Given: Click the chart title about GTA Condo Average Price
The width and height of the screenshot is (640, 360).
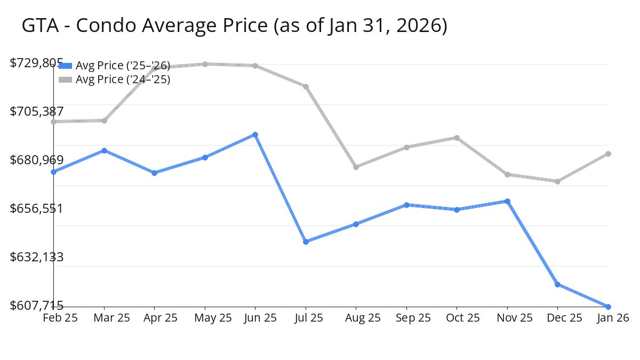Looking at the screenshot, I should coord(234,26).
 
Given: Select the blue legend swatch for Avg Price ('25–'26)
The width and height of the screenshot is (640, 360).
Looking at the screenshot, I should coord(65,66).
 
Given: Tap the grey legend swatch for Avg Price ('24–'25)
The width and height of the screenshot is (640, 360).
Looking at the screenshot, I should coord(65,79).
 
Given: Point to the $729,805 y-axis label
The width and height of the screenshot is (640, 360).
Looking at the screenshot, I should coord(37,63).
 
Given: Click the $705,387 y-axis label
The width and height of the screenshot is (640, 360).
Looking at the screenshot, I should coord(37,111).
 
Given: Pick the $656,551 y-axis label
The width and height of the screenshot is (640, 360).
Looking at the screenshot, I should coord(37,209).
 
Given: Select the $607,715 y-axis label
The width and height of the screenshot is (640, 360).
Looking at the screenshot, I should coord(37,306).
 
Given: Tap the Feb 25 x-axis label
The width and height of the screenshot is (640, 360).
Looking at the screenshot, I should coord(60,318).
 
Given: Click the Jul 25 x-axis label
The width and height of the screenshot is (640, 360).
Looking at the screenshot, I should coord(306,318).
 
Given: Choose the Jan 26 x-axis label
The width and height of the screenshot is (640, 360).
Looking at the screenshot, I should coord(612,318).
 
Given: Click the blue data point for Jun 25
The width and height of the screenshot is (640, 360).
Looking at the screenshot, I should coord(255,134).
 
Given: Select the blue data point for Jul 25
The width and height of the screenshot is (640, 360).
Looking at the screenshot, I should coord(306,242).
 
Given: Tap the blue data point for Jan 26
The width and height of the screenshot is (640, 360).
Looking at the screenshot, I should coord(608,307).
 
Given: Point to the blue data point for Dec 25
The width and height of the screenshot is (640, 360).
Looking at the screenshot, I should coord(557,284).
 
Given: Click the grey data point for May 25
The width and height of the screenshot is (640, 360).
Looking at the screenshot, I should coord(205,64).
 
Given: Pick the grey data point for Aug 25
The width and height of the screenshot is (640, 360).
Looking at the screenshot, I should coord(356,167).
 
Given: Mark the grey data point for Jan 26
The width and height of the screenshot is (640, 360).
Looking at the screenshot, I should coord(608,154).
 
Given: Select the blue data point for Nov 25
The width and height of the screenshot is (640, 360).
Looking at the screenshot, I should coord(507,201).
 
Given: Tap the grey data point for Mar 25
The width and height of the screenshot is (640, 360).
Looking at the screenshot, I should coord(104,121).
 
